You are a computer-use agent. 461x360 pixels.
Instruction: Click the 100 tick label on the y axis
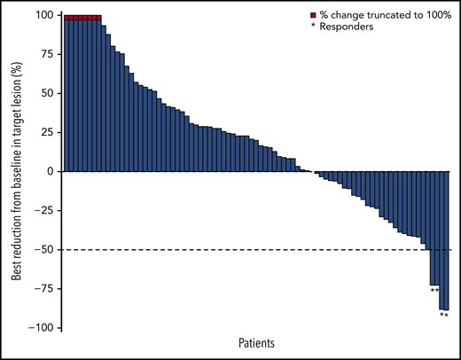(44, 15)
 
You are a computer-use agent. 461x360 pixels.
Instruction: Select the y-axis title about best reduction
(17, 171)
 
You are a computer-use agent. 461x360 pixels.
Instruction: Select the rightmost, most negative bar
(446, 239)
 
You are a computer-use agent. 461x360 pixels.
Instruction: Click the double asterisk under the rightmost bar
(443, 315)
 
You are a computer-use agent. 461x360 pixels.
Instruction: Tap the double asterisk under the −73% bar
(434, 290)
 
